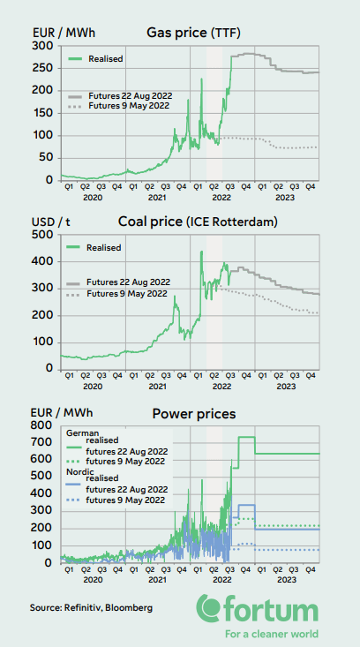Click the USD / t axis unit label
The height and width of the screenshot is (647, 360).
[x=51, y=222]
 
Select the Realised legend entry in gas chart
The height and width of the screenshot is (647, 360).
[x=103, y=59]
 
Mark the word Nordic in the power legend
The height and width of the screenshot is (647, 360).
[x=81, y=472]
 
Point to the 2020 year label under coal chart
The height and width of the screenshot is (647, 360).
[x=92, y=387]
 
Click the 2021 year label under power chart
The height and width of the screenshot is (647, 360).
[x=156, y=578]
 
